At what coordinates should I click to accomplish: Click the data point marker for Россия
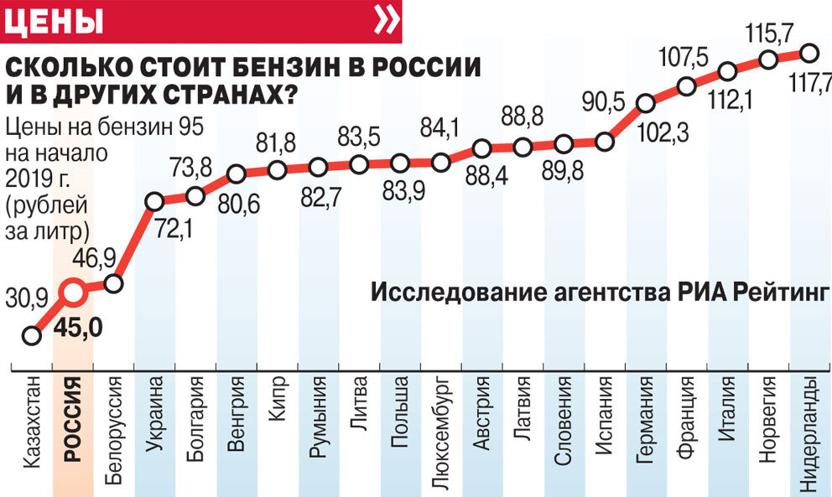[x=73, y=293]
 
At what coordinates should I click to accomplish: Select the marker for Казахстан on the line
[x=32, y=335]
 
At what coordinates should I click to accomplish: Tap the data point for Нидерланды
[x=809, y=53]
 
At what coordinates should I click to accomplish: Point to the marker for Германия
[x=645, y=104]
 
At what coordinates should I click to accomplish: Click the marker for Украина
[x=154, y=201]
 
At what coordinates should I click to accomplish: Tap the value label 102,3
[x=647, y=132]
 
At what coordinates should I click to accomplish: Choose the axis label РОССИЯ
[x=72, y=420]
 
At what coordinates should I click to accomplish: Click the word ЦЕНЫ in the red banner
[x=55, y=21]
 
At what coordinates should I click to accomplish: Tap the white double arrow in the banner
[x=386, y=21]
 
